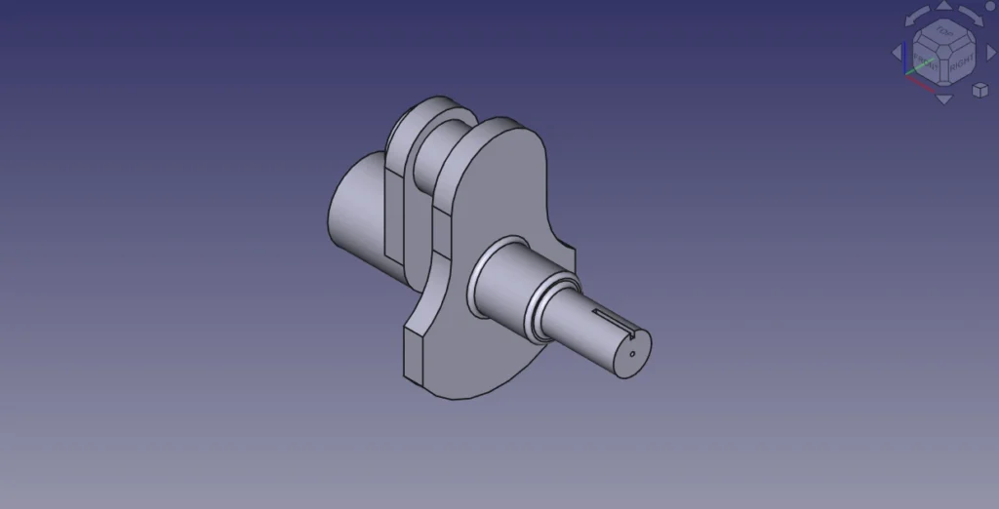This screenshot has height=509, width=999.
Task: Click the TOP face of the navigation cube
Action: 943,32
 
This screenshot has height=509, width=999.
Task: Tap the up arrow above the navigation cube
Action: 943,6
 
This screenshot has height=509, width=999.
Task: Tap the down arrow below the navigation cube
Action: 943,98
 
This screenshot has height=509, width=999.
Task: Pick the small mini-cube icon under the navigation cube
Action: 979,90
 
